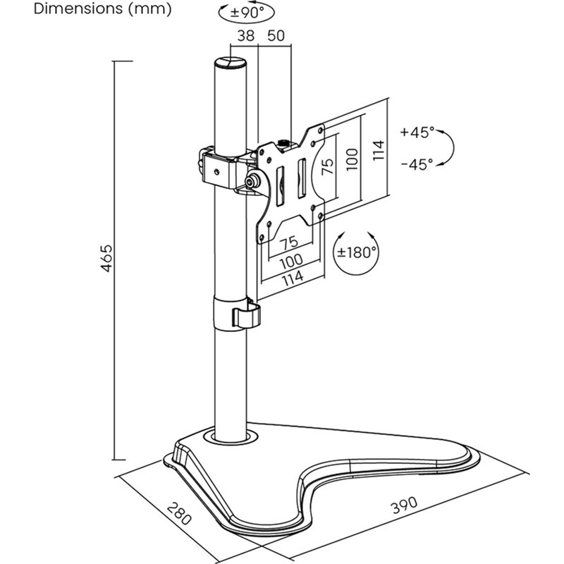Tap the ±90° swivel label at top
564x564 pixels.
pyautogui.click(x=247, y=12)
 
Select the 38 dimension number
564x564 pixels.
pyautogui.click(x=246, y=36)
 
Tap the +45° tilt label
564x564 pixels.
pyautogui.click(x=417, y=132)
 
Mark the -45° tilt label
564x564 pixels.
pyautogui.click(x=417, y=164)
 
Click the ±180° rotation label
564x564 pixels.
pyautogui.click(x=357, y=252)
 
